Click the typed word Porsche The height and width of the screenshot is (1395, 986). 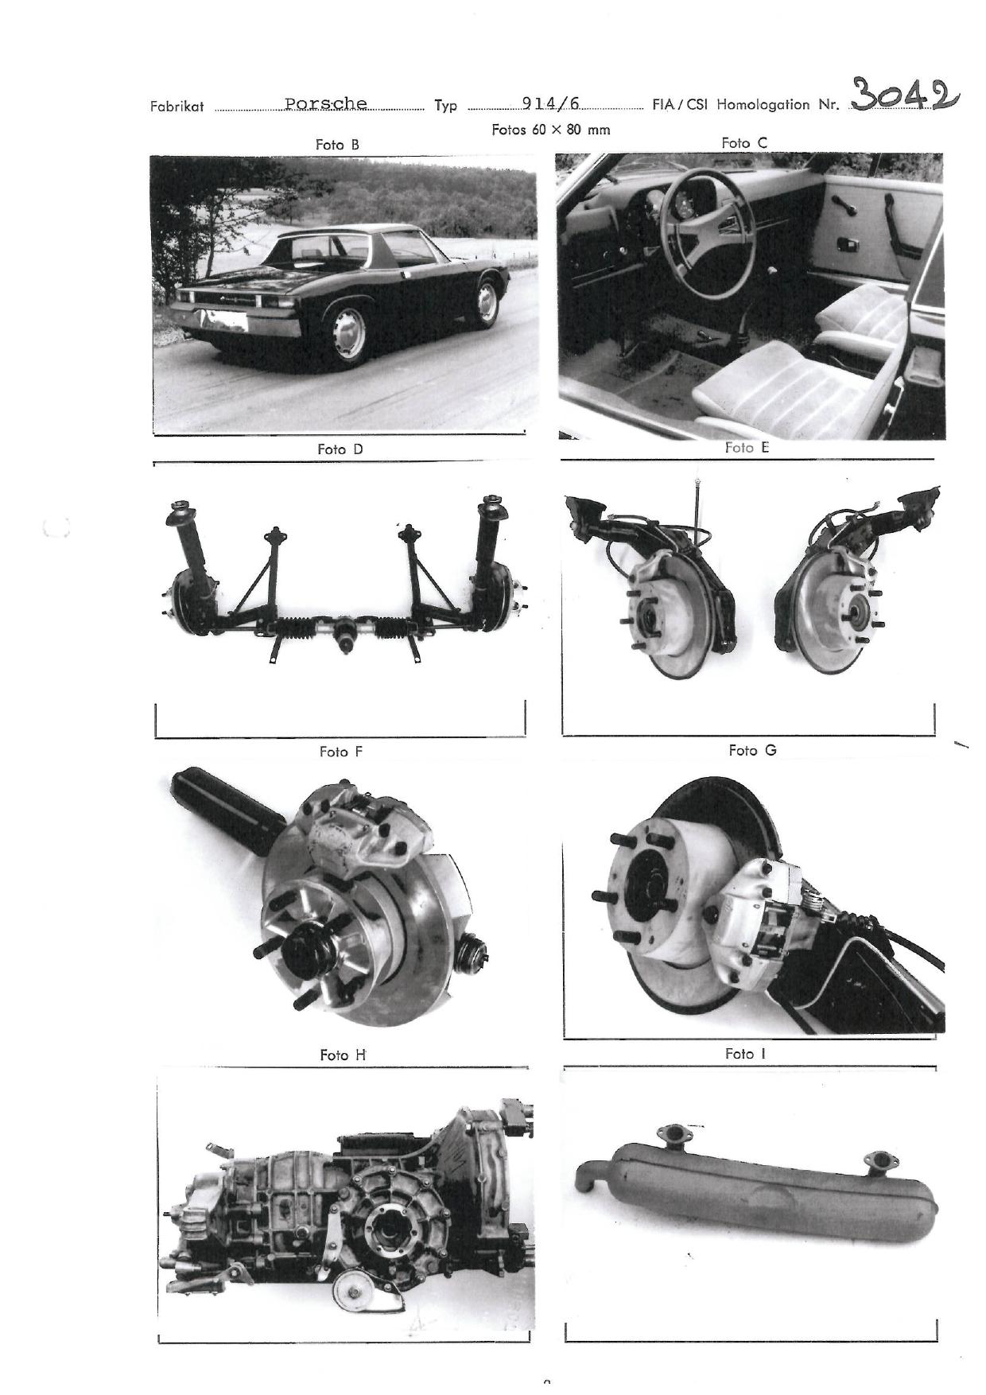(326, 103)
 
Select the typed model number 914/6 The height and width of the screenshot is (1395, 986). (551, 103)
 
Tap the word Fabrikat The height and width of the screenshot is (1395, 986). (177, 106)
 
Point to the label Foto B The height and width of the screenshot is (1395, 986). (337, 145)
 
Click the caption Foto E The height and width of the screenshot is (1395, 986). (747, 448)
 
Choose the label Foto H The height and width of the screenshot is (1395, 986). (343, 1055)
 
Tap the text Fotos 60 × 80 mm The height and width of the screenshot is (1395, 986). (551, 130)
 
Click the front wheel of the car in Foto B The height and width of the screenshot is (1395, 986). (485, 300)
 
